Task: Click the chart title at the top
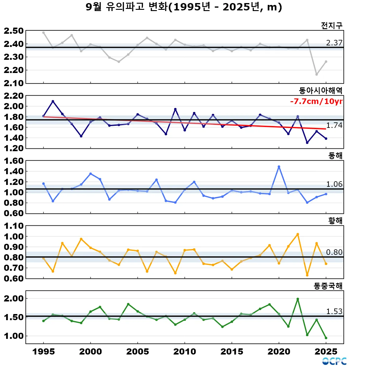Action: coord(184,7)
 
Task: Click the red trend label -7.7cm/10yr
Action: coord(316,102)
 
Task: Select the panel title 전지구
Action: coord(332,25)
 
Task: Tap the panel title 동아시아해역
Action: coord(320,90)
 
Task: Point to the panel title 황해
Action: coord(335,220)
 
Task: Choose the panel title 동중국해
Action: coord(328,286)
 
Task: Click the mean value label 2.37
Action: coord(334,43)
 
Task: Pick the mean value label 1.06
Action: coord(334,184)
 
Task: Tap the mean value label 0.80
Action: coord(334,252)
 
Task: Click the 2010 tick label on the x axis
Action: coord(185,351)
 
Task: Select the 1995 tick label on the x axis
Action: coord(44,351)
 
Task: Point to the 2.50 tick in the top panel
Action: coord(14,31)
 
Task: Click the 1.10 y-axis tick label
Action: coord(14,226)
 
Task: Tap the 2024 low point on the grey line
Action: coord(316,75)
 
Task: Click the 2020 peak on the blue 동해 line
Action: coord(279,167)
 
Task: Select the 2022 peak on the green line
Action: coord(298,299)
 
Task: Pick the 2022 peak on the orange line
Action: coord(298,234)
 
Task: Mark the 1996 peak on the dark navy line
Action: coord(53,101)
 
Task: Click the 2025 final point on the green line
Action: coord(326,338)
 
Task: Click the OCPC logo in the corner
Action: coord(334,361)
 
